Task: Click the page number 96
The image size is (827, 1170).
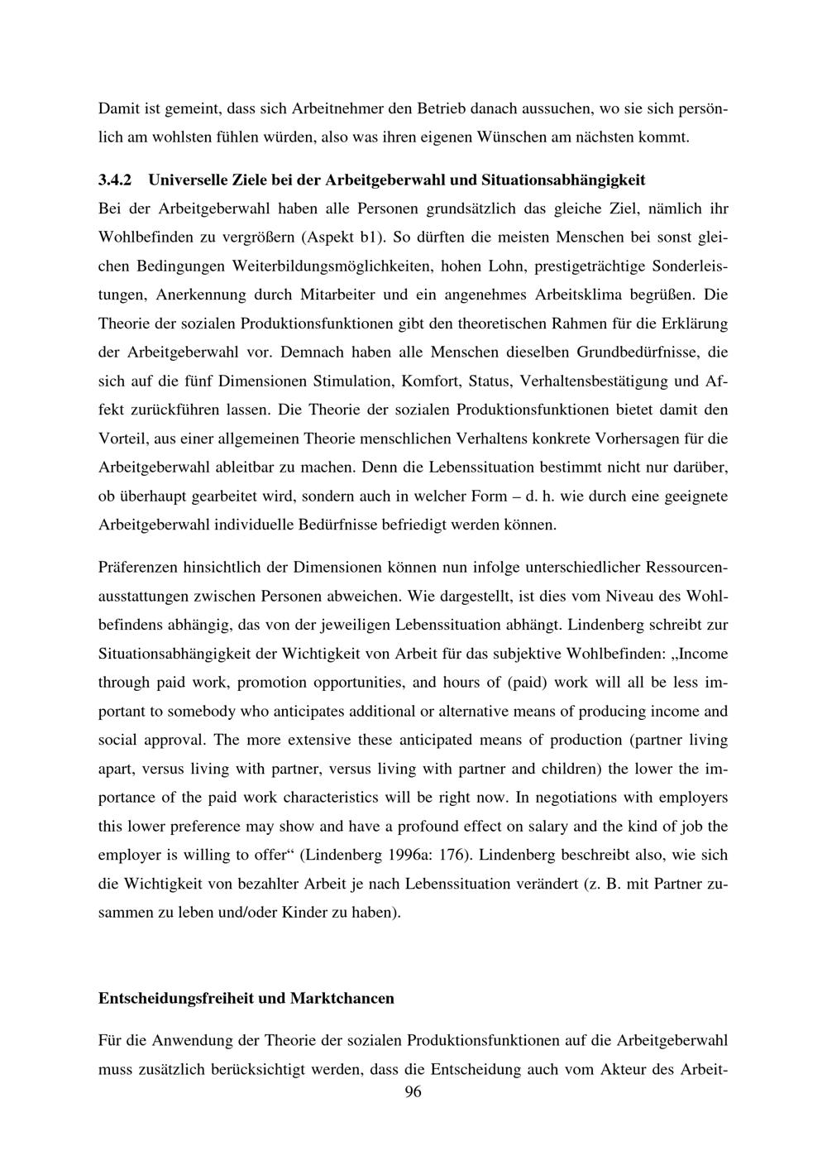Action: [413, 1092]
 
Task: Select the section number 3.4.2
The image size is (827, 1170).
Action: [116, 180]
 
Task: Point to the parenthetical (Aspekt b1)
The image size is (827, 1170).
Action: [346, 237]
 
